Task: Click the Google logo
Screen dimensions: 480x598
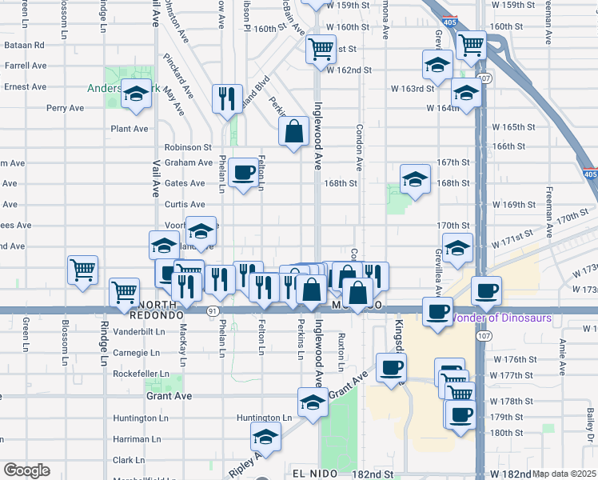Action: tap(26, 470)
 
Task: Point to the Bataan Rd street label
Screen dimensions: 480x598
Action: tap(23, 46)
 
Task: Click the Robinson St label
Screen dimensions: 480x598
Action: tap(188, 147)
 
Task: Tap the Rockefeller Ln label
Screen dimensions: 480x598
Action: tap(141, 374)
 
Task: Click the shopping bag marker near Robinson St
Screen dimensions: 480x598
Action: tap(294, 130)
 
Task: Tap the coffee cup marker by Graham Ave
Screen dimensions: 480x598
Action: tap(243, 171)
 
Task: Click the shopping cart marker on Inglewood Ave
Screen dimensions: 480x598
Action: tap(321, 49)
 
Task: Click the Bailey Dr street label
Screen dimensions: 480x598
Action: tap(590, 424)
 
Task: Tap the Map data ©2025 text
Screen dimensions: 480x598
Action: tap(564, 474)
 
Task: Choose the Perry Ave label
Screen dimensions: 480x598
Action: tap(66, 108)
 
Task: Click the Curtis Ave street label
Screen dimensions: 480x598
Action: tap(185, 205)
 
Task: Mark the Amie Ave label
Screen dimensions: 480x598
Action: tap(563, 355)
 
